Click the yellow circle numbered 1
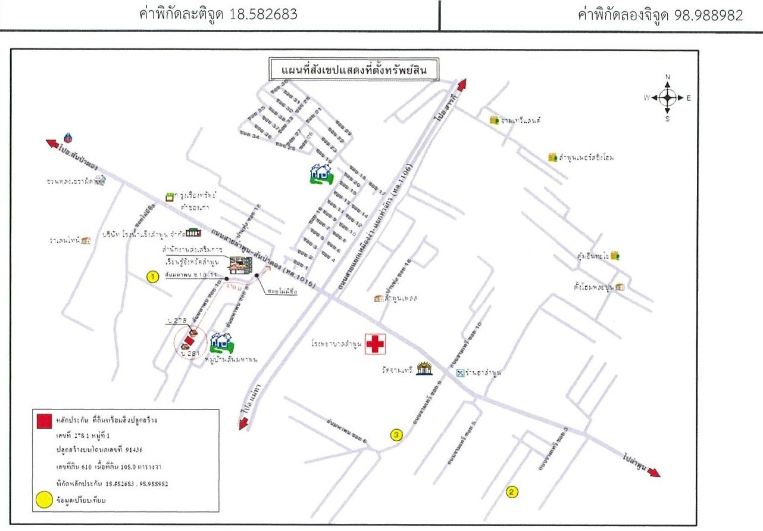tap(152, 277)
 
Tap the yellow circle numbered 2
tap(511, 492)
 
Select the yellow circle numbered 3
tap(398, 434)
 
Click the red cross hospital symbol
tap(375, 344)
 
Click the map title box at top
tap(354, 69)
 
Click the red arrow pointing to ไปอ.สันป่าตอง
tap(52, 143)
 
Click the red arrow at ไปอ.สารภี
tap(461, 83)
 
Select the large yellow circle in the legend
tap(43, 500)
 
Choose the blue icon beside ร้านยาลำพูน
tap(459, 374)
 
